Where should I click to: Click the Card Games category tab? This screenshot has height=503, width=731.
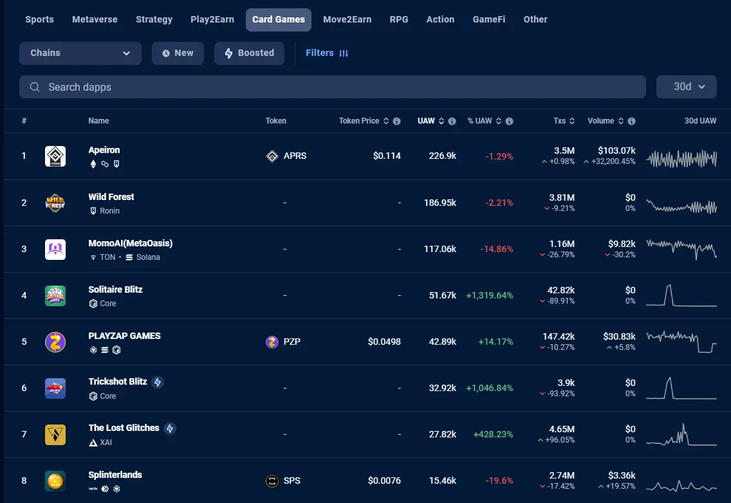[x=279, y=19]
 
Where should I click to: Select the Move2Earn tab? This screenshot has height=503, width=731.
[x=347, y=19]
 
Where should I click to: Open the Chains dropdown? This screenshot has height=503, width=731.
[x=80, y=53]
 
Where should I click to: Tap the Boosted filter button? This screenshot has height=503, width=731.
[x=249, y=53]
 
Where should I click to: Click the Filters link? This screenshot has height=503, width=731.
[x=327, y=53]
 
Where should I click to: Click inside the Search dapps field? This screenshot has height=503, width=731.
[x=333, y=87]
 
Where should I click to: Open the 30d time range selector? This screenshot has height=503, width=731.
[x=686, y=87]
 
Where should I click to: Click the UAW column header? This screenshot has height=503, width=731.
[x=426, y=121]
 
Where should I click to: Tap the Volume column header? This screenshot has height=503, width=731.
[x=600, y=121]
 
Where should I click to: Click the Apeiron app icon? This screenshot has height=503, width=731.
[x=55, y=156]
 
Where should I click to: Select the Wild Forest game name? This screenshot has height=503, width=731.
[x=111, y=197]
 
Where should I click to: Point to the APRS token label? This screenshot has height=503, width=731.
[x=295, y=156]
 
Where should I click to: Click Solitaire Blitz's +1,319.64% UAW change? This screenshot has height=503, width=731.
[x=490, y=295]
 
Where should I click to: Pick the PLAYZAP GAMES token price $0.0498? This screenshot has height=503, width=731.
[x=384, y=342]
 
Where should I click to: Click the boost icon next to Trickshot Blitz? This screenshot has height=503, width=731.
[x=158, y=382]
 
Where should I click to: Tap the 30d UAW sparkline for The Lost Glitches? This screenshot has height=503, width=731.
[x=681, y=434]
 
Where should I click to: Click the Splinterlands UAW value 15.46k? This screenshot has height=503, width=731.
[x=443, y=480]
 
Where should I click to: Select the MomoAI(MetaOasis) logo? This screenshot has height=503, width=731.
[x=55, y=249]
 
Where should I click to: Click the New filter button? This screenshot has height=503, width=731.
[x=178, y=53]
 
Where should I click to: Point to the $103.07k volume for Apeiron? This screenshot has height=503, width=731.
[x=616, y=151]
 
